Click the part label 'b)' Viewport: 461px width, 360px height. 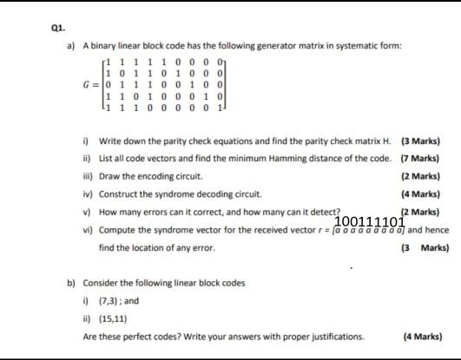pos(70,283)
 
